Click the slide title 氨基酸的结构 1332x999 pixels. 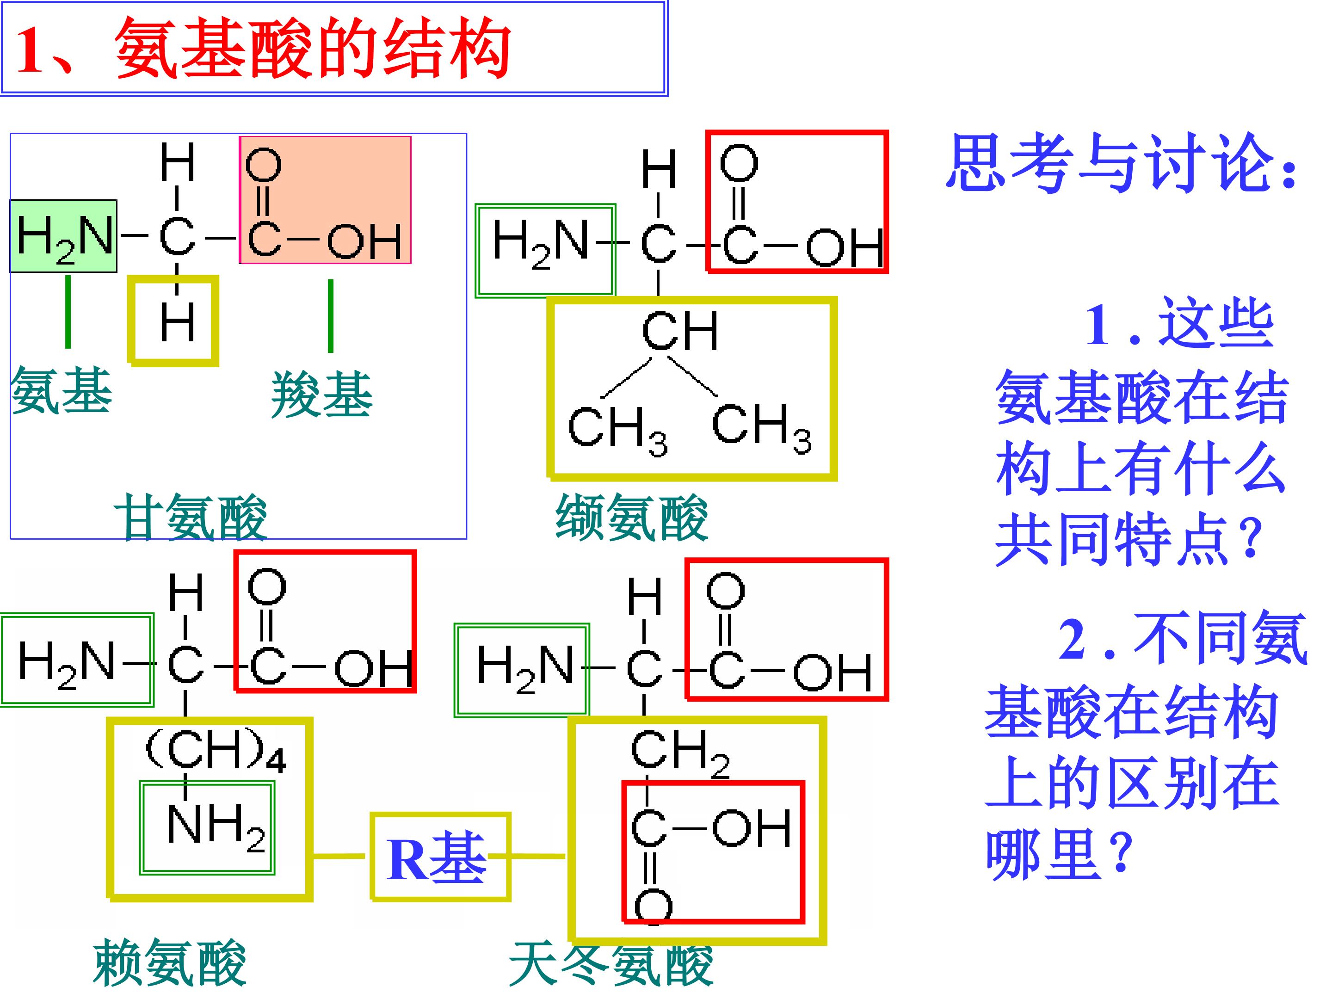point(313,48)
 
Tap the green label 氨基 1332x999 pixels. point(62,391)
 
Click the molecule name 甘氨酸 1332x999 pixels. point(190,517)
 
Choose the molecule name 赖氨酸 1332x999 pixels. point(170,962)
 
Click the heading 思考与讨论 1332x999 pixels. point(1120,163)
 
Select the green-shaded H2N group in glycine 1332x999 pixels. point(63,236)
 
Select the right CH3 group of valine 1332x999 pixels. point(761,426)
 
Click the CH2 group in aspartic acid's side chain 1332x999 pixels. point(679,752)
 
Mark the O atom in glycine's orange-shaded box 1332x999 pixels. point(264,164)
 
